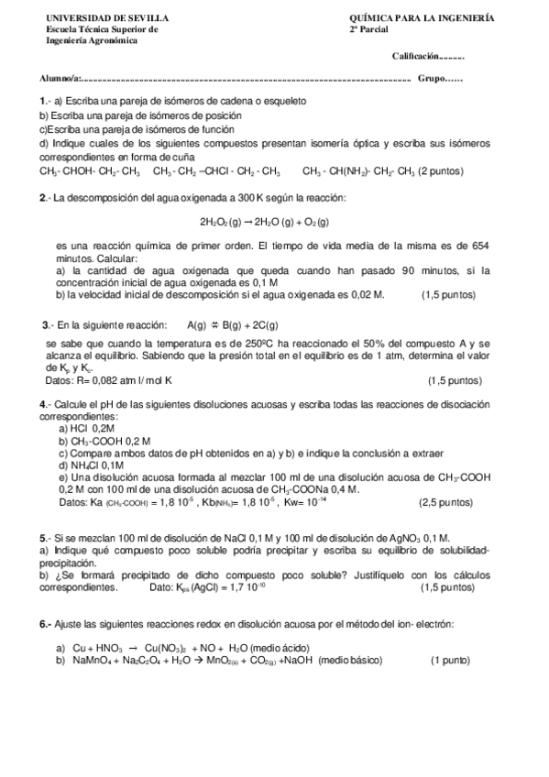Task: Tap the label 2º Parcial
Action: tap(369, 29)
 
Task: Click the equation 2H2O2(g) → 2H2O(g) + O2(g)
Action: tap(264, 222)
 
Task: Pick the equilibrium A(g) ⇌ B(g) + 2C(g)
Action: tap(233, 325)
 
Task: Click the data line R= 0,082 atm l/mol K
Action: tap(109, 380)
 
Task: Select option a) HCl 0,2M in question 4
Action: tap(87, 428)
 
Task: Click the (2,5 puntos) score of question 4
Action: tap(445, 502)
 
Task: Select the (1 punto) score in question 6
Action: tap(450, 660)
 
